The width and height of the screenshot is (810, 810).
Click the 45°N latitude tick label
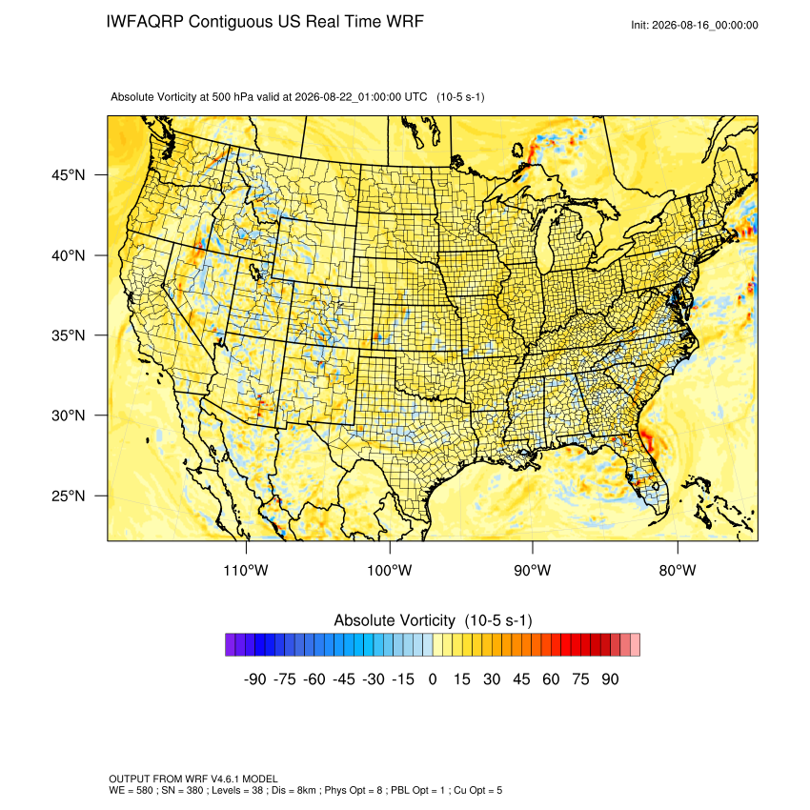pyautogui.click(x=68, y=175)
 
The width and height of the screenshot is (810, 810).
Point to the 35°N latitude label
pyautogui.click(x=68, y=335)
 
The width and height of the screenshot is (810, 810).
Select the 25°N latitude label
pyautogui.click(x=68, y=496)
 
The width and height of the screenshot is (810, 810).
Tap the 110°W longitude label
pyautogui.click(x=246, y=570)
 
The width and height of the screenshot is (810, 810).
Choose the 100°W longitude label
pyautogui.click(x=390, y=570)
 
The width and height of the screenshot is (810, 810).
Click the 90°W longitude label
pyautogui.click(x=532, y=570)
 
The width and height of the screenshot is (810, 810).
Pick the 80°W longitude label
pyautogui.click(x=678, y=570)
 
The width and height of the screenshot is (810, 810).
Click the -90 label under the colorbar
pyautogui.click(x=254, y=678)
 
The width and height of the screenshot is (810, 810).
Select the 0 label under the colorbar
pyautogui.click(x=433, y=678)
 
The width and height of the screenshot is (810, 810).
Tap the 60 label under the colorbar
pyautogui.click(x=551, y=678)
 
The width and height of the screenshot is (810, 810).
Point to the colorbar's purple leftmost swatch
pyautogui.click(x=231, y=645)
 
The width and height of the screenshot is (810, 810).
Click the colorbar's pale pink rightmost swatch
pyautogui.click(x=635, y=645)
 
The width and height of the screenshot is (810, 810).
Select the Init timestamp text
pyautogui.click(x=695, y=25)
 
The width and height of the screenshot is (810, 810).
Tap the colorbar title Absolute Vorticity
pyautogui.click(x=395, y=620)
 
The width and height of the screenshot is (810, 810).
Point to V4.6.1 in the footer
pyautogui.click(x=225, y=779)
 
